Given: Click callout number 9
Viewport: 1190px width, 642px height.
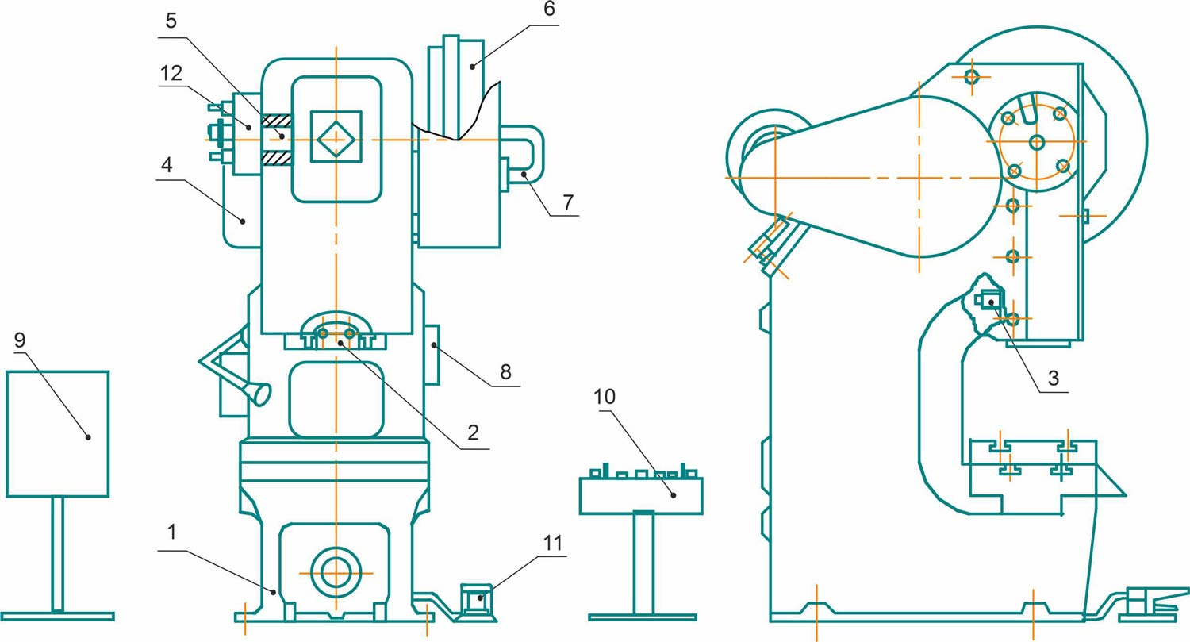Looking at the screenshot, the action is point(20,340).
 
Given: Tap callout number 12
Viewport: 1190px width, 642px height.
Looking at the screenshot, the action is point(171,73).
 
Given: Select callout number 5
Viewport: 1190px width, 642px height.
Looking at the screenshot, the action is point(171,21).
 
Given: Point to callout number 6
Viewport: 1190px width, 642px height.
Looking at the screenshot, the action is point(549,9).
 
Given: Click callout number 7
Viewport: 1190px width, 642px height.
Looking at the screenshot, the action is point(568,202).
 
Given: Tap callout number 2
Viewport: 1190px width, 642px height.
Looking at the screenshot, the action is point(473,432).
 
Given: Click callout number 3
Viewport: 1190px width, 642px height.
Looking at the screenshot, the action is point(1054,378).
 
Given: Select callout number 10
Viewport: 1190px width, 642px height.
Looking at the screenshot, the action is point(605,397).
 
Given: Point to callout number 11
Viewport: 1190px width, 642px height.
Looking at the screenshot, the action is point(552,543).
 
